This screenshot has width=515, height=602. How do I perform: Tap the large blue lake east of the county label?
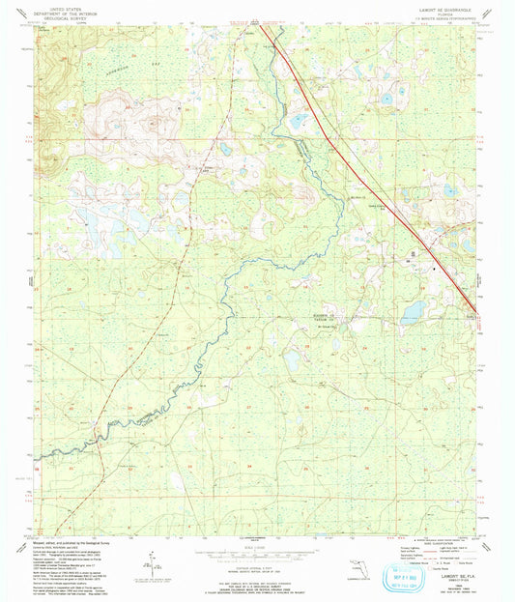(x=412, y=311)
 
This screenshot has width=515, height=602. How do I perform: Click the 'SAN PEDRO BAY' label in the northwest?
(x=92, y=70)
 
